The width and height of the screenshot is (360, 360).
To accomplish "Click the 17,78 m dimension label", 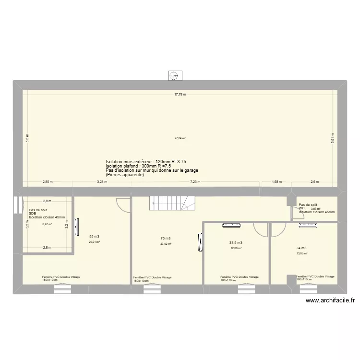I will pos(180,95).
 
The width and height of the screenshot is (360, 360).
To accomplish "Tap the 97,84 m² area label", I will pos(180,138).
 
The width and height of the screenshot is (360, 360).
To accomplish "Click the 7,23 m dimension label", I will pos(195,182).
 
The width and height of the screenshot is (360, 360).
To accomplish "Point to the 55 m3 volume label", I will pos(95,236).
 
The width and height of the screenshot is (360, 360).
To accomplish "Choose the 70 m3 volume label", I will pos(166,238).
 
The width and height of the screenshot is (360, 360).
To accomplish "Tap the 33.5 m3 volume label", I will pos(236,243).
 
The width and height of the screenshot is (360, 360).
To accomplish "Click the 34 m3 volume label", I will pos(301,248).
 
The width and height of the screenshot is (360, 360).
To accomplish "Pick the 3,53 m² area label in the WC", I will pos(315,209).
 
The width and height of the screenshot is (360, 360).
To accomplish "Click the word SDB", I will pos(32,214).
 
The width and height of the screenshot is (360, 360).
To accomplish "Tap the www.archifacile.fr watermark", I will pos(330,301).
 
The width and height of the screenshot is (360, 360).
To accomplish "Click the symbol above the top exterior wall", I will pos(174,75).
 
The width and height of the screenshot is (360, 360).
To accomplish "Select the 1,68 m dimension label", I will pos(277,182).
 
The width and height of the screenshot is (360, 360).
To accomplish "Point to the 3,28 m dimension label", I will pos(102,182).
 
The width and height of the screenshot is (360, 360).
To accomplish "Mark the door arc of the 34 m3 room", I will pos(277,231).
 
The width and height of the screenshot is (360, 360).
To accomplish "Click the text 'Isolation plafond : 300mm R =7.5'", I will pos(136,166).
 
